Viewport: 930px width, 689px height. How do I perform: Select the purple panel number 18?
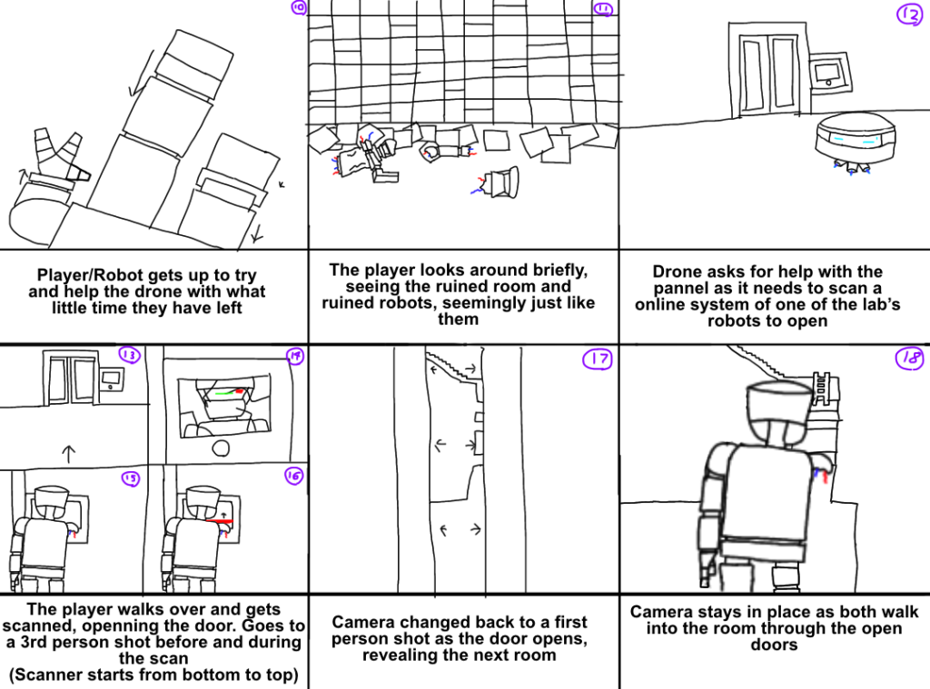909,359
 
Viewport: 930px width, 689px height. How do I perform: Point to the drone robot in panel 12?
853,140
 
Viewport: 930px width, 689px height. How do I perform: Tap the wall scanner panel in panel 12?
829,72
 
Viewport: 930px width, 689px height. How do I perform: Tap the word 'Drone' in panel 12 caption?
677,271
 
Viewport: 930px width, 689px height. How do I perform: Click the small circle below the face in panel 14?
223,447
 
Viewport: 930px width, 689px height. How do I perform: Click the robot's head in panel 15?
46,498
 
